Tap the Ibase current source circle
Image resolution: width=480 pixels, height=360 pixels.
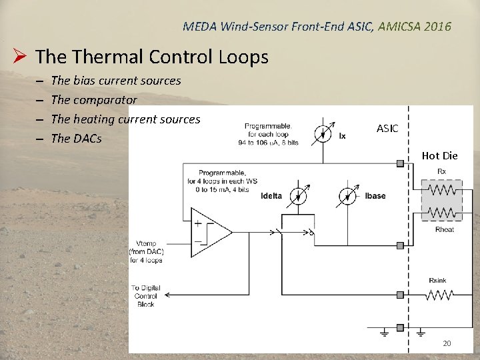pyautogui.click(x=347, y=195)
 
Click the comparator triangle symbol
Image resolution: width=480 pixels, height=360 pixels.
pyautogui.click(x=211, y=232)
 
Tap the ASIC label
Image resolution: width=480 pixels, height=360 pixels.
pyautogui.click(x=387, y=128)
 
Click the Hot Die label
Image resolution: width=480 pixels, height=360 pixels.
pyautogui.click(x=439, y=156)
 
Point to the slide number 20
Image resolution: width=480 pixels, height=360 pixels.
pyautogui.click(x=447, y=343)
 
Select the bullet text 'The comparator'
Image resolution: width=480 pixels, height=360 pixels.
pyautogui.click(x=93, y=100)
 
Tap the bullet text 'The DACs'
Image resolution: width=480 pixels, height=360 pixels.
pyautogui.click(x=76, y=139)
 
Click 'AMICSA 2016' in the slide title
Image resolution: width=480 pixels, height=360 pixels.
pyautogui.click(x=415, y=27)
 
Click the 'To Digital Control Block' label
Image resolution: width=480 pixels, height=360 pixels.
pyautogui.click(x=145, y=295)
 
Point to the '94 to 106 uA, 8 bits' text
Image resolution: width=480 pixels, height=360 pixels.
pyautogui.click(x=267, y=142)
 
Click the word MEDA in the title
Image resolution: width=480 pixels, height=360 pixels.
pyautogui.click(x=197, y=27)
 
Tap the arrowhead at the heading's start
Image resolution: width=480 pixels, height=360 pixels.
pyautogui.click(x=21, y=57)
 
